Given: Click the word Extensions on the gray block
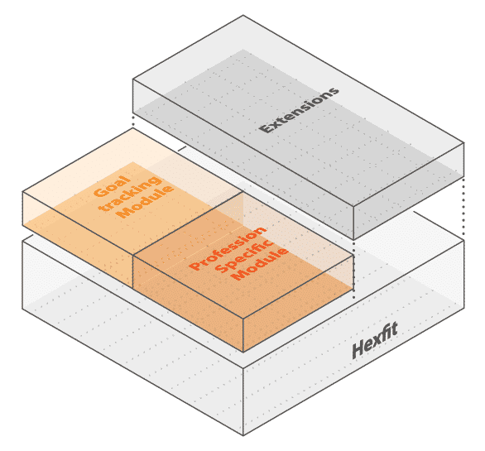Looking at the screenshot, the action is [299, 110].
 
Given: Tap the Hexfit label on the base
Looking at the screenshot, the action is [375, 341].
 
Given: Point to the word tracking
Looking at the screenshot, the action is [130, 194].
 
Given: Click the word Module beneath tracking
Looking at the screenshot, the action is [146, 202].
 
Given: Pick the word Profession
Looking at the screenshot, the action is [228, 248].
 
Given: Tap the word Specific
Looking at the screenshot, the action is [244, 257].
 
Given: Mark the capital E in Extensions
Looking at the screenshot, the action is [266, 127].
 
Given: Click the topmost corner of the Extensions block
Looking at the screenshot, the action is [242, 15].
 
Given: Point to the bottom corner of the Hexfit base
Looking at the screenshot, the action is [243, 435].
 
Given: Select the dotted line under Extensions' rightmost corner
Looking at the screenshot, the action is [463, 208].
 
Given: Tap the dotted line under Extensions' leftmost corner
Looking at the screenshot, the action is [133, 120].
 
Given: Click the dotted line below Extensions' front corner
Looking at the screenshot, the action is [353, 270].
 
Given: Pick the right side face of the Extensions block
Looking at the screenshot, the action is [409, 191].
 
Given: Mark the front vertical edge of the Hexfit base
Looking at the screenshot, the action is [243, 401].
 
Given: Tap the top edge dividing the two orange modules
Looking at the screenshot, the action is [188, 224].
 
